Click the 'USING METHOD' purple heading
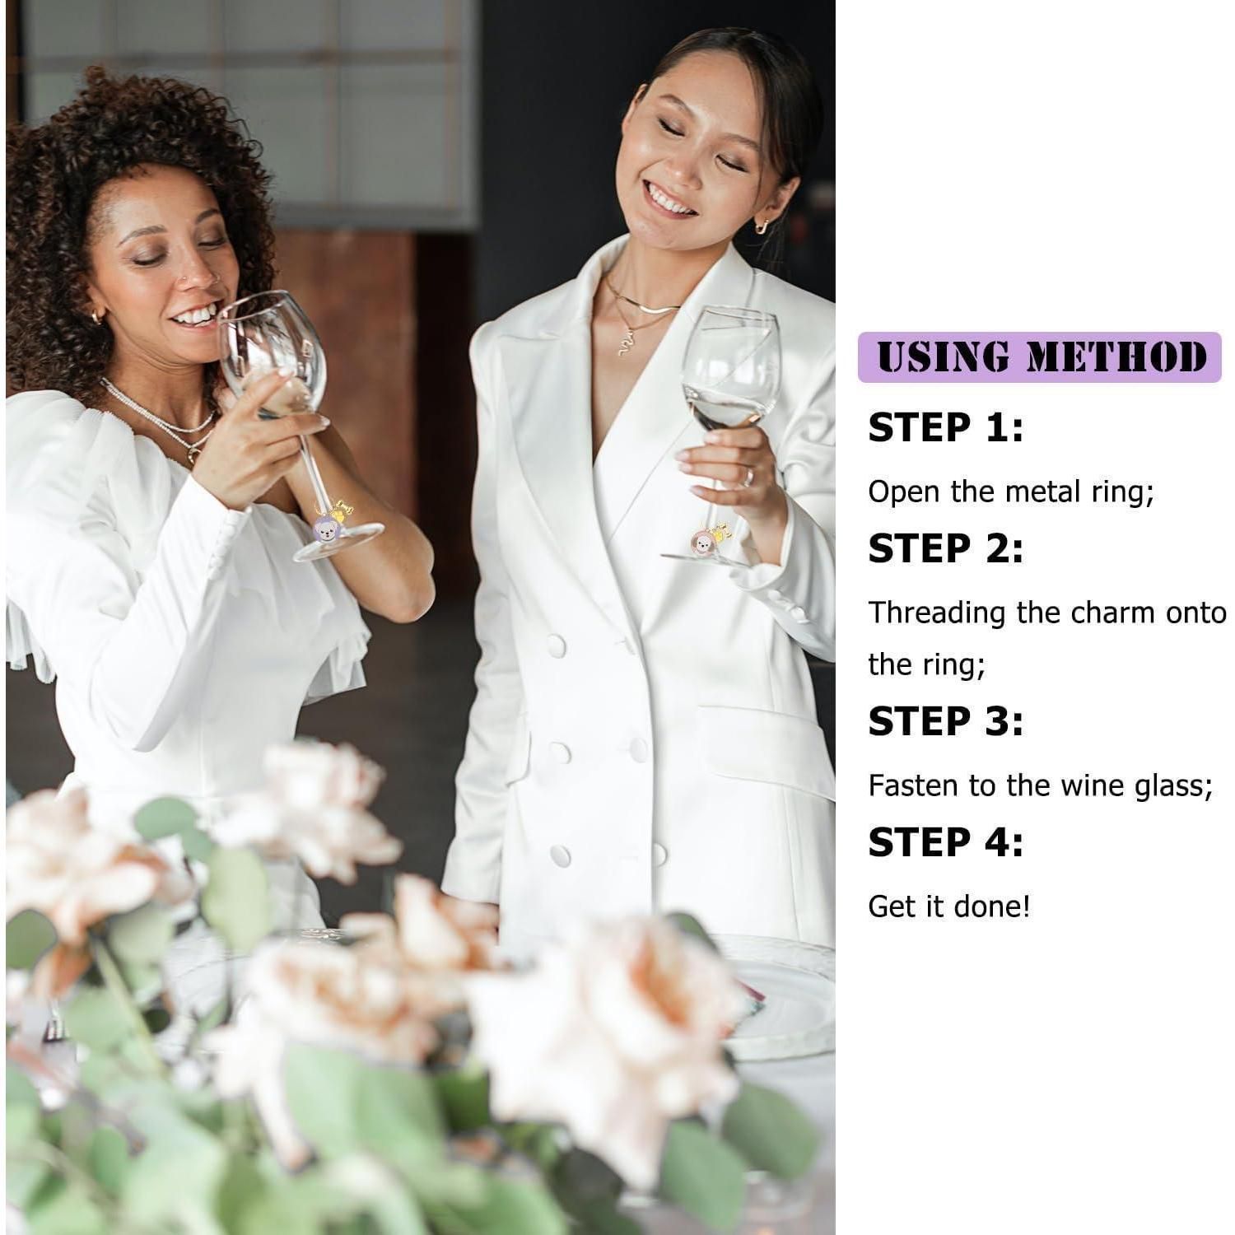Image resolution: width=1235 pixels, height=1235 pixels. coord(1040,357)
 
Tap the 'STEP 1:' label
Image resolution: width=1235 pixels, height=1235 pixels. coord(946,428)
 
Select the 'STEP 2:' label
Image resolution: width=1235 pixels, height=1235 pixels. coord(946,549)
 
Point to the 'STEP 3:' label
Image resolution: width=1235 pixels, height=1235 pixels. coord(946,721)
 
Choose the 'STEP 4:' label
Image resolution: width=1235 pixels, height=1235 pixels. coord(946,842)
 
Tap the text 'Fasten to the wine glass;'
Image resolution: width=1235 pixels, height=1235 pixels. coord(1041,786)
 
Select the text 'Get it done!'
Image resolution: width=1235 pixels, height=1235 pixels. coord(949,907)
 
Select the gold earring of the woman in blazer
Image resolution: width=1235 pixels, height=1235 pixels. coord(762,225)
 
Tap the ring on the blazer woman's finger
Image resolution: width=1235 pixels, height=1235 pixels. coord(748,476)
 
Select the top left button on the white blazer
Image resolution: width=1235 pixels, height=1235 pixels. coord(557,645)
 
